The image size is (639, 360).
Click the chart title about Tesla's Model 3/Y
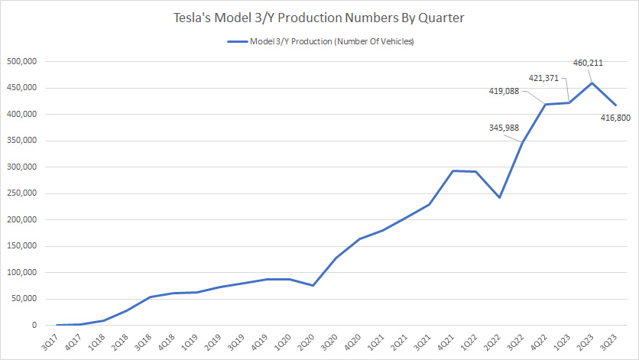pos(319,18)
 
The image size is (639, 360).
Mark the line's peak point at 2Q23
pos(592,83)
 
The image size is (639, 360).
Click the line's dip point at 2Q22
pos(499,197)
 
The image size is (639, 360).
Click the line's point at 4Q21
pos(452,170)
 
